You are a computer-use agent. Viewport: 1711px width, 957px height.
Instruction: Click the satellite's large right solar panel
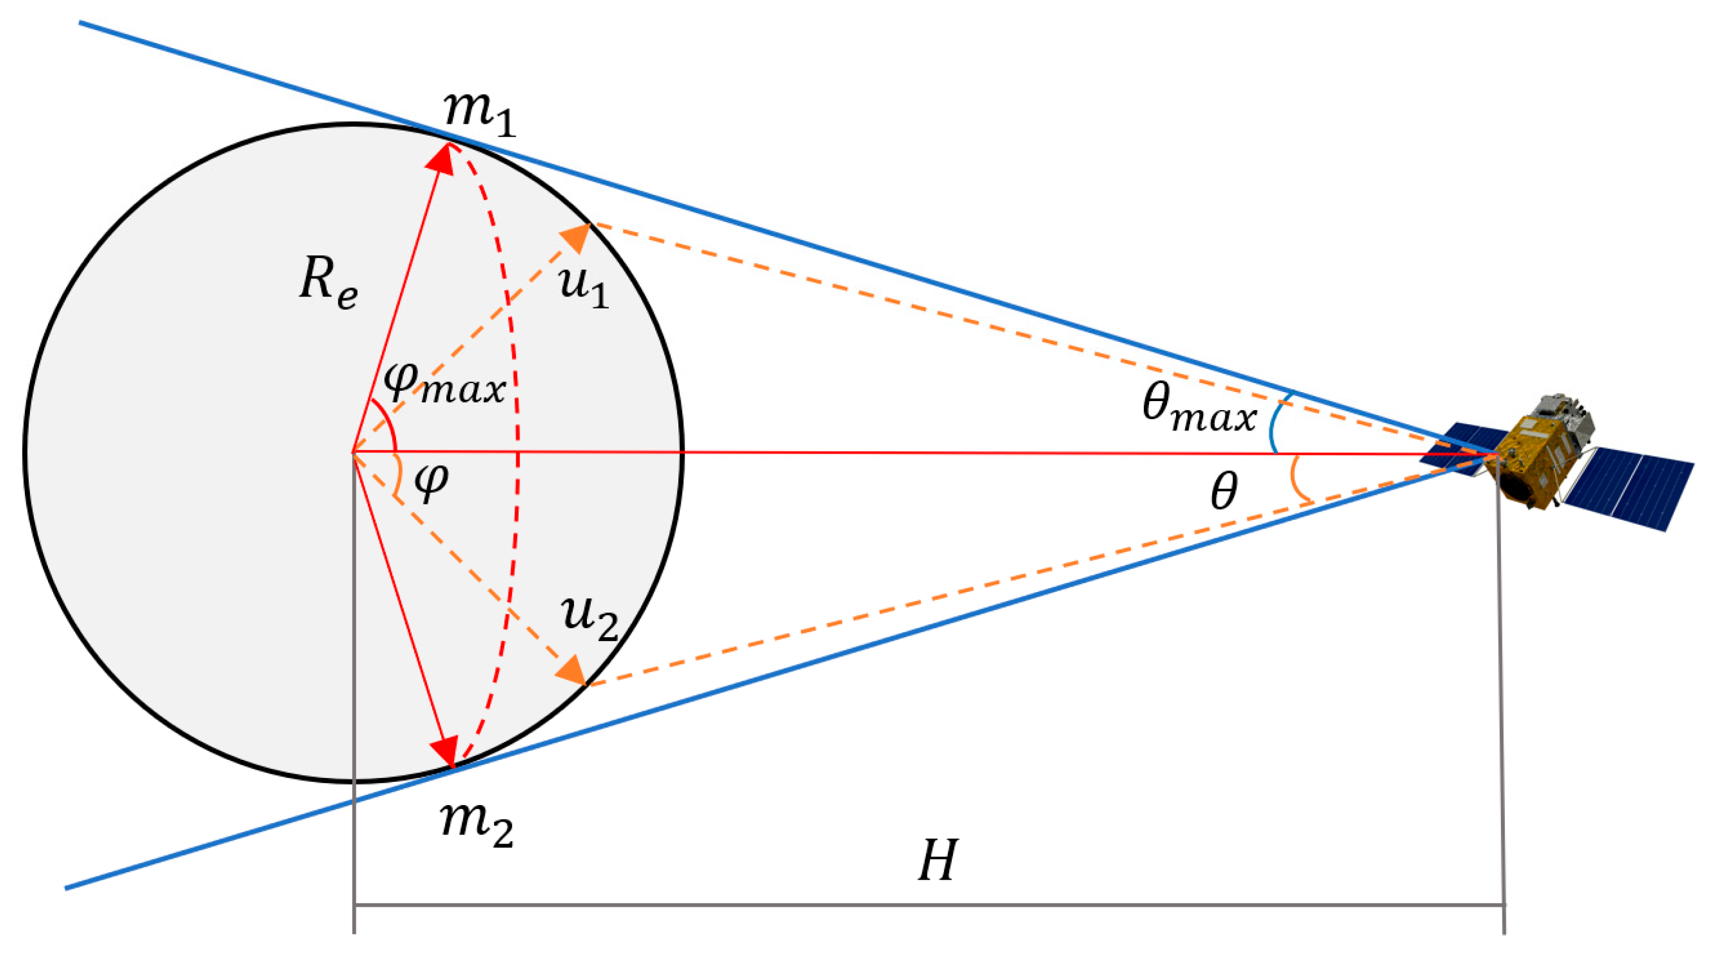[1627, 485]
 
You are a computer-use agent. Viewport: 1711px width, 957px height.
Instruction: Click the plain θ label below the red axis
[1224, 491]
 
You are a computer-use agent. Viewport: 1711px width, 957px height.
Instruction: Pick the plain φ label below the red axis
[431, 481]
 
